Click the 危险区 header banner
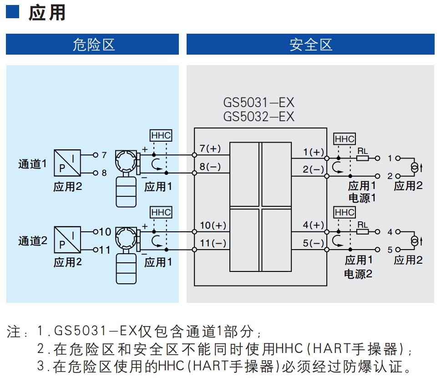coord(92,44)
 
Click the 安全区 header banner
coord(310,44)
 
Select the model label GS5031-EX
coord(259,102)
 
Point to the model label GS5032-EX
coord(259,117)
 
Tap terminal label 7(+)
coord(210,148)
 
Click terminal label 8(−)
coord(210,166)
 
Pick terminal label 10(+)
coord(213,225)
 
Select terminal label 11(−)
coord(213,243)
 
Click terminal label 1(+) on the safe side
coord(314,152)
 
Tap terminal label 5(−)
coord(314,243)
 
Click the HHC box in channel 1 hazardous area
coord(161,135)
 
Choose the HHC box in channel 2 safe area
coord(345,212)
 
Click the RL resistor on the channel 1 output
coord(363,158)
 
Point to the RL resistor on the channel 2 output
coord(363,232)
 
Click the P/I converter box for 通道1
coord(67,163)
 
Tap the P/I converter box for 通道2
coord(67,240)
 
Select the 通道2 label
coord(33,241)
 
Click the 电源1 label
coord(362,198)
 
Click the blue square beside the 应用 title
coord(12,11)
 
